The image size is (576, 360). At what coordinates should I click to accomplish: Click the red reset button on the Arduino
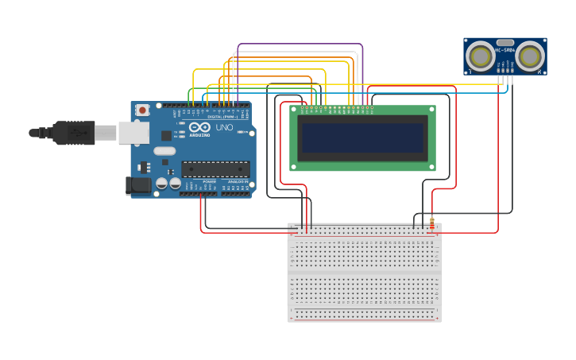(x=142, y=110)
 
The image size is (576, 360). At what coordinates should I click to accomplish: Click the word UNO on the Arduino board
(x=224, y=128)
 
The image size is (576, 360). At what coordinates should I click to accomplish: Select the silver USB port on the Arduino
(x=133, y=133)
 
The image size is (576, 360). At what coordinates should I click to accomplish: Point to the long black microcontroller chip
(x=215, y=168)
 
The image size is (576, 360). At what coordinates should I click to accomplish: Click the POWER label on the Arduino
(x=209, y=182)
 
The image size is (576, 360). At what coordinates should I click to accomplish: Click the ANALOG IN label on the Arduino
(x=237, y=182)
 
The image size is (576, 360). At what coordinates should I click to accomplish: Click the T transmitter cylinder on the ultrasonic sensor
(x=480, y=56)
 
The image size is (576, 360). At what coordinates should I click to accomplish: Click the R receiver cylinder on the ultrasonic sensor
(x=531, y=56)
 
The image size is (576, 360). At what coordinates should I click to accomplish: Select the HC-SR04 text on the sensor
(x=505, y=50)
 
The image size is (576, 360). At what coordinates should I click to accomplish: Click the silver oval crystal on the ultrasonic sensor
(x=505, y=42)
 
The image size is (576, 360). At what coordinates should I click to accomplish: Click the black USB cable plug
(x=72, y=133)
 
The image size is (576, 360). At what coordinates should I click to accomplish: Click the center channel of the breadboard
(x=364, y=271)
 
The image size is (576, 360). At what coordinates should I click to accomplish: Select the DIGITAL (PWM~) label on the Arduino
(x=220, y=117)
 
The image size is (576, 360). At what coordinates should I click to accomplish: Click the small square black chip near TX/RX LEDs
(x=166, y=136)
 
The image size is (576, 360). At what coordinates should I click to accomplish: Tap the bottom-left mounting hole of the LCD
(x=294, y=166)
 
